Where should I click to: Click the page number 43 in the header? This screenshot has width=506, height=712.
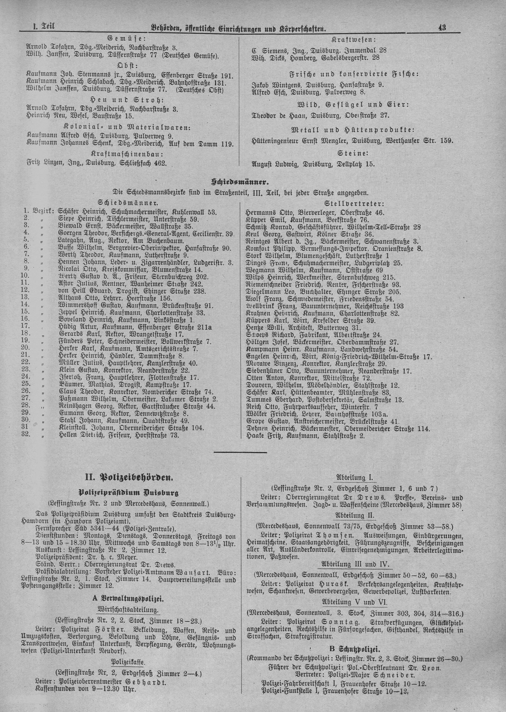point(442,27)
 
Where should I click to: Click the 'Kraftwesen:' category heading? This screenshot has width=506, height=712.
point(354,40)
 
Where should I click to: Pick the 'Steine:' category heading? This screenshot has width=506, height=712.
point(353,153)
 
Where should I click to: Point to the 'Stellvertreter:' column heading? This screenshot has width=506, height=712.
point(354,204)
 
